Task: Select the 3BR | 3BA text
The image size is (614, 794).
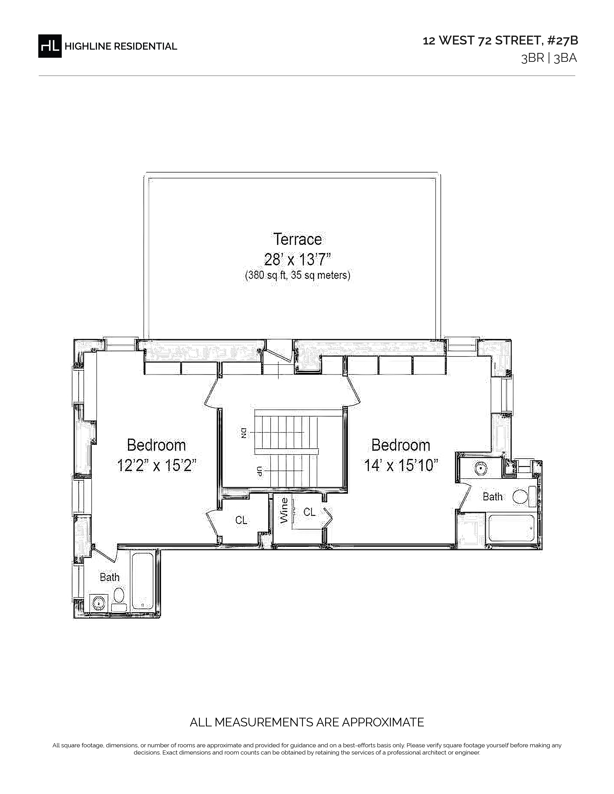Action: tap(549, 58)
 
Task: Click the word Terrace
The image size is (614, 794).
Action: tap(298, 239)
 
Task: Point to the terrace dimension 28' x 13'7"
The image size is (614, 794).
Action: tap(298, 260)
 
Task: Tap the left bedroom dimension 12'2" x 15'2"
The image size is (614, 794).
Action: tap(157, 465)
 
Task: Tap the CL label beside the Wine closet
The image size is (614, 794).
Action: tap(310, 512)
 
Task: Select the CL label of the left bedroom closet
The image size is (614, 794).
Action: tap(241, 520)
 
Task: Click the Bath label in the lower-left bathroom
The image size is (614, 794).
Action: tap(110, 577)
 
